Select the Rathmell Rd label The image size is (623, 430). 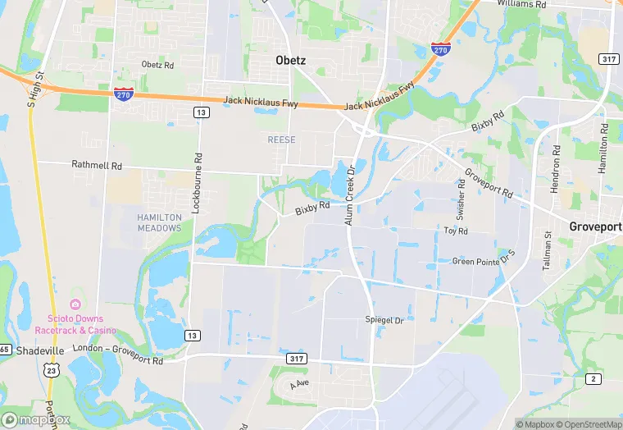coord(97,165)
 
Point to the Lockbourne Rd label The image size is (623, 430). coord(197,183)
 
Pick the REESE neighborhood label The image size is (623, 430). coord(281,140)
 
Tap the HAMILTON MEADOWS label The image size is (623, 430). coord(160,222)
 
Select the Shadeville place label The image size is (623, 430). coord(39,350)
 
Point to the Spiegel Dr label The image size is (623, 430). coord(384,319)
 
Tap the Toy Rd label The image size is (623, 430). coord(456,231)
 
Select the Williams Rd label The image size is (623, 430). coord(522,4)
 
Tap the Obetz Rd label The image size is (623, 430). coord(157,64)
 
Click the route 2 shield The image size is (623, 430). coord(592,377)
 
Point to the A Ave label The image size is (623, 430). coord(300,383)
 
